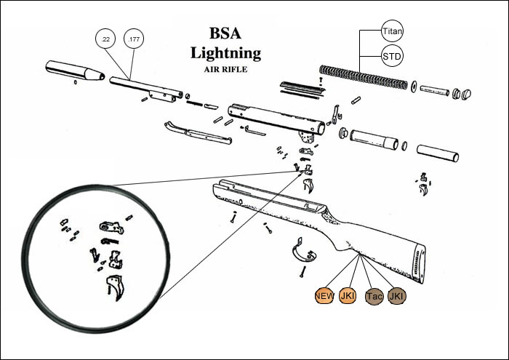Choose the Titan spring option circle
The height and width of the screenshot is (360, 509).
[392, 30]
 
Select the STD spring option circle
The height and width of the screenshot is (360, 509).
[392, 56]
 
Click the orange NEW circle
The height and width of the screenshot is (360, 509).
[324, 296]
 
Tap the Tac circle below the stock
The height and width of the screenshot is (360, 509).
[373, 296]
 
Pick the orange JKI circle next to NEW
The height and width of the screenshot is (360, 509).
[348, 296]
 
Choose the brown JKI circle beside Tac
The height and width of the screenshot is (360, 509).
[397, 296]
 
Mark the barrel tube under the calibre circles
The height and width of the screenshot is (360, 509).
[145, 85]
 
